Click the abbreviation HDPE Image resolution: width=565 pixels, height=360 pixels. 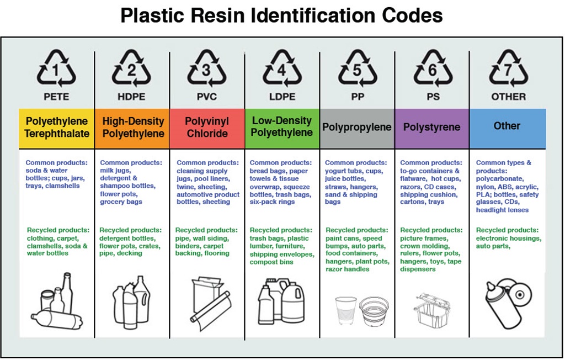131,97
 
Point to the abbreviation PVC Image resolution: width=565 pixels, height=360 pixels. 206,97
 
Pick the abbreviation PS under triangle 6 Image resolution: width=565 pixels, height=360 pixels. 432,97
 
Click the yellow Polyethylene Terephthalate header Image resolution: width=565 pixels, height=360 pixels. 57,128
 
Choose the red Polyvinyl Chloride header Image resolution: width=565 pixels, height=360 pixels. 207,128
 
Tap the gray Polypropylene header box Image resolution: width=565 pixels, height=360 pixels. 357,128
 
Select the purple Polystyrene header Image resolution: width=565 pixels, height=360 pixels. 432,128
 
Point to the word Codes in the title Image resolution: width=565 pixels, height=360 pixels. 415,15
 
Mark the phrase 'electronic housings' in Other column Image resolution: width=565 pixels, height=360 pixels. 509,238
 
